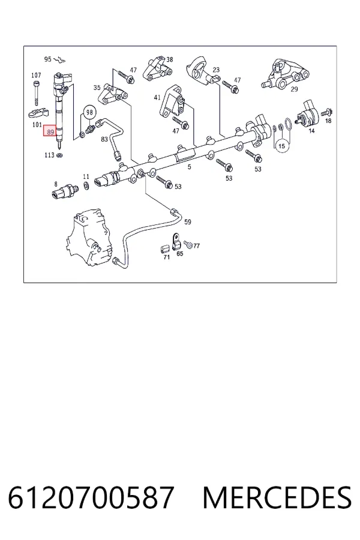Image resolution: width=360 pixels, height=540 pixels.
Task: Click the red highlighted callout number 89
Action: (x=50, y=131)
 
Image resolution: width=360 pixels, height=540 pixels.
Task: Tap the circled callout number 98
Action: (x=89, y=112)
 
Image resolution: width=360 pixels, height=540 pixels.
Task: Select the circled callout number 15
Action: (x=282, y=146)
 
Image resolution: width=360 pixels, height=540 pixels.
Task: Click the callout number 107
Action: (x=36, y=75)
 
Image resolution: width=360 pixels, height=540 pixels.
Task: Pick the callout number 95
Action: (x=47, y=59)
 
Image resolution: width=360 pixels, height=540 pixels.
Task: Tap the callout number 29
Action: (x=294, y=89)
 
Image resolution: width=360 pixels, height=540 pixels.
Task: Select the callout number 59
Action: (x=187, y=222)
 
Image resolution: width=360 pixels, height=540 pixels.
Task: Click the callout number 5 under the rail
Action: (x=189, y=167)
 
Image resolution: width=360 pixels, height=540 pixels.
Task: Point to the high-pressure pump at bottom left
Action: (x=89, y=239)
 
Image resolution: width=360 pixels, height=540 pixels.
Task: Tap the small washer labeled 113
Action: (x=59, y=155)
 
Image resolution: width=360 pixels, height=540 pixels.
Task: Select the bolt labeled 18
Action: (x=326, y=112)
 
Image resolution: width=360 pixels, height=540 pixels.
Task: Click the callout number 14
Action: (x=311, y=131)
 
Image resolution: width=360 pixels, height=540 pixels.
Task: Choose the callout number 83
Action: (x=104, y=139)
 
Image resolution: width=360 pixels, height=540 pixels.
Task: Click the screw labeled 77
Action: (x=188, y=244)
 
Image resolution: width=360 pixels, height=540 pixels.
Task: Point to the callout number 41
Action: (x=157, y=97)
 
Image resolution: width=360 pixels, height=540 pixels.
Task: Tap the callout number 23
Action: (x=216, y=70)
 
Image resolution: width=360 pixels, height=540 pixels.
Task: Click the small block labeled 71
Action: (x=165, y=249)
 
